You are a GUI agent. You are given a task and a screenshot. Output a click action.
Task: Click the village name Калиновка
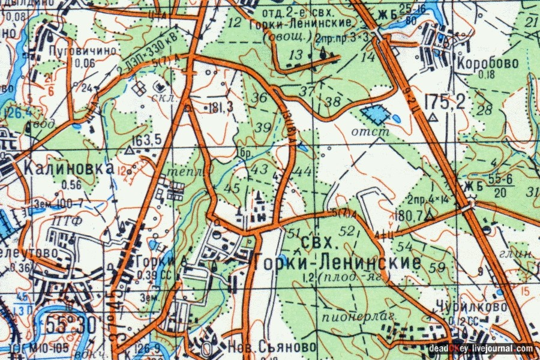pos(69,168)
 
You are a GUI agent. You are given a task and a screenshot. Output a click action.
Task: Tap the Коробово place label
pos(479,62)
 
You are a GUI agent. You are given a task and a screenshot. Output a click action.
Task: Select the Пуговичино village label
pos(83,51)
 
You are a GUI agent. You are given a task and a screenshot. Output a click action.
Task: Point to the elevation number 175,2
pos(444,102)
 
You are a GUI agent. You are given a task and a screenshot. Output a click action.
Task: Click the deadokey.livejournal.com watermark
pos(481,348)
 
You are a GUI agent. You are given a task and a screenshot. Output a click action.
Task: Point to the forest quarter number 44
pos(304,172)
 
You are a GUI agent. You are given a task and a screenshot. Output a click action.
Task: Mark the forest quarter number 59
pos(439,266)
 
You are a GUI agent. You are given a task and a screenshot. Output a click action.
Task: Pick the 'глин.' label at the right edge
pos(523,254)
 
